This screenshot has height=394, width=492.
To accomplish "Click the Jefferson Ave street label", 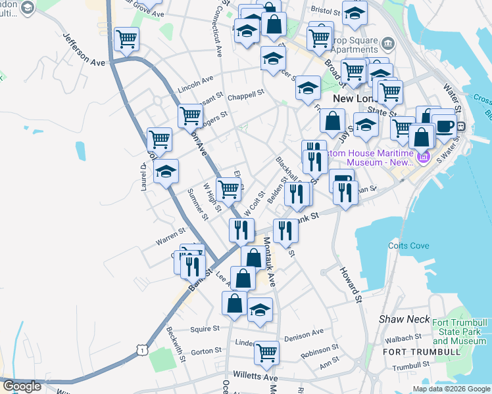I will coord(84,49).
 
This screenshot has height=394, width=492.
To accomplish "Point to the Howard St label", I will coord(351,280).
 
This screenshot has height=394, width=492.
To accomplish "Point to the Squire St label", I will coord(205,328).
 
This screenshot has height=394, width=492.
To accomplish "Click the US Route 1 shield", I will coord(142,351).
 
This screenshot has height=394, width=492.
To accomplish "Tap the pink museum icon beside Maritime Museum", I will coord(422,158).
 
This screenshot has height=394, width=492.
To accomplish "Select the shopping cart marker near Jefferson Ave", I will coord(126,39).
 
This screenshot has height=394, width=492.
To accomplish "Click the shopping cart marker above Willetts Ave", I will coord(266,353).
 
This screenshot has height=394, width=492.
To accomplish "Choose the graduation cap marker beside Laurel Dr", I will coord(166,172).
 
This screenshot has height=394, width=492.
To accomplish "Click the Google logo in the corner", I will coord(22,386).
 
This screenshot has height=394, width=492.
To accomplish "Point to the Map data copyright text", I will coord(451,389).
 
